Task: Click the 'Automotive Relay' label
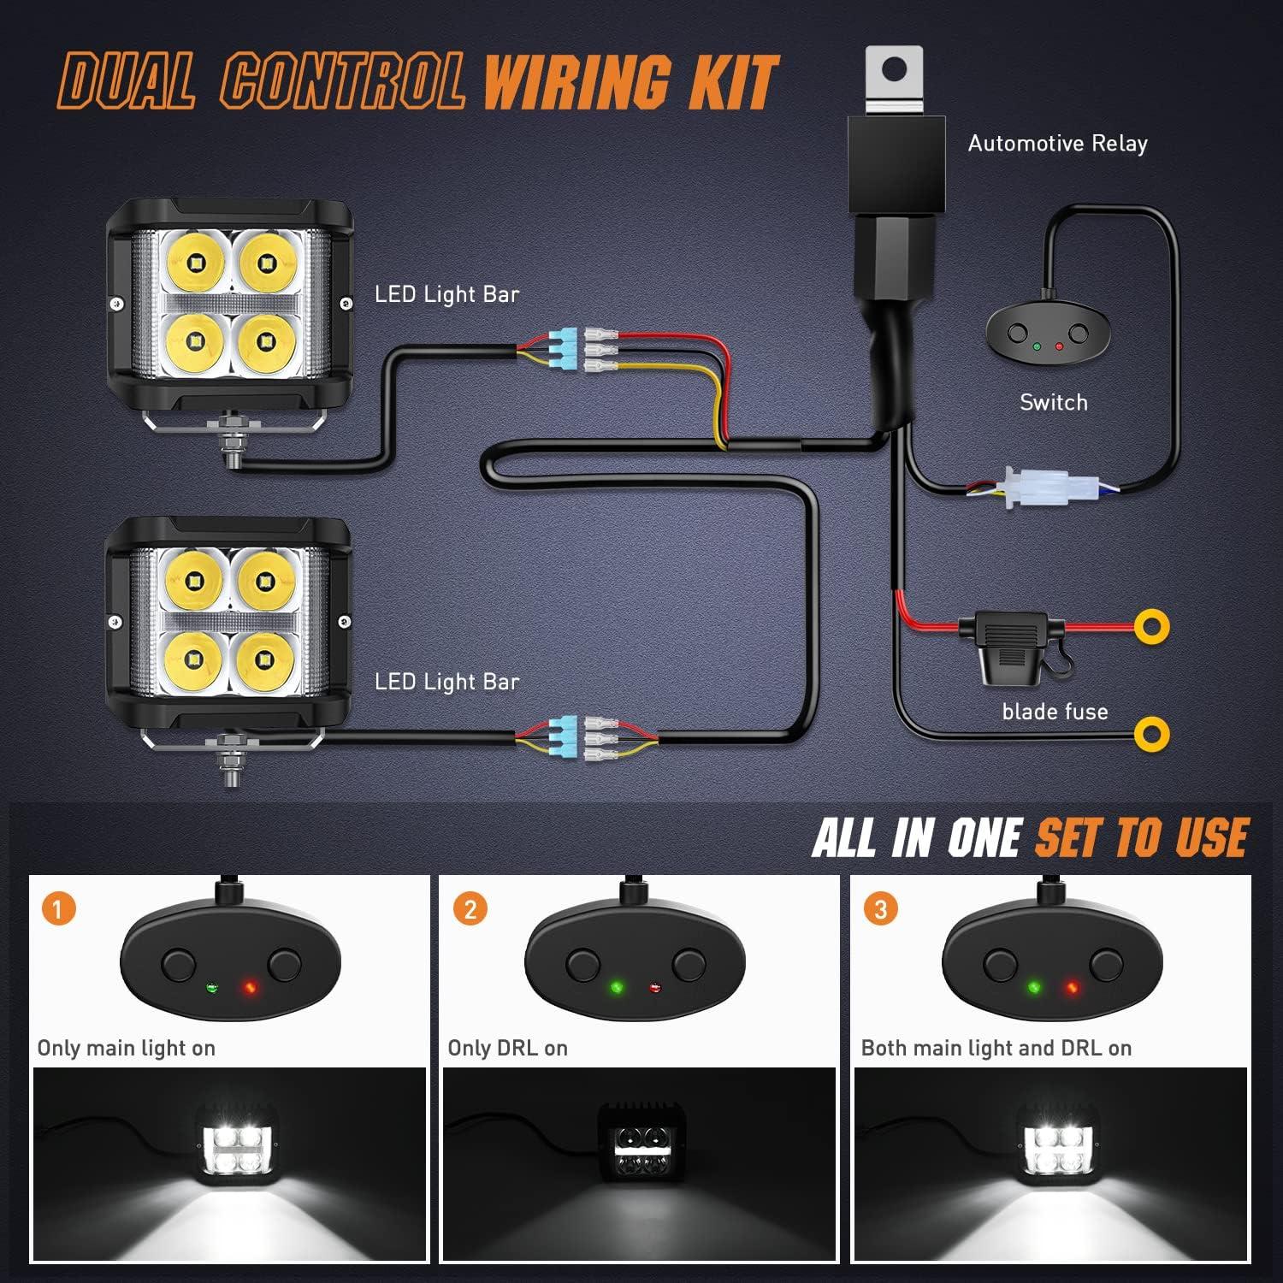(1057, 144)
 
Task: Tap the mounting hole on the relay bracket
(894, 70)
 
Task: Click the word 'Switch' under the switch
(1053, 402)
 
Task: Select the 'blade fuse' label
(1055, 712)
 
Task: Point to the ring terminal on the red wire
(1152, 627)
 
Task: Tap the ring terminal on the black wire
(1152, 734)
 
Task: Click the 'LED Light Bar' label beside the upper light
(446, 294)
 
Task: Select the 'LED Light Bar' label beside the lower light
(446, 682)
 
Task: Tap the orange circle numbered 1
(58, 908)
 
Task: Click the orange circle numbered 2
(470, 908)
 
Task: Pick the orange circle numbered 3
(881, 908)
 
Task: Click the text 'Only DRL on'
(507, 1048)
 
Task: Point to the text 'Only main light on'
(126, 1048)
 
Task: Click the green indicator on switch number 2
(616, 989)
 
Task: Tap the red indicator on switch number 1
(250, 989)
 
